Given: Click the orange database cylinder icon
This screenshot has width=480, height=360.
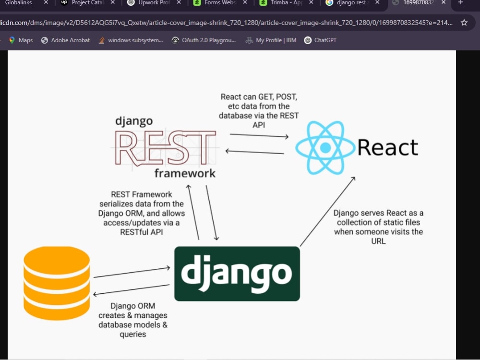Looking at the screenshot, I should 57,283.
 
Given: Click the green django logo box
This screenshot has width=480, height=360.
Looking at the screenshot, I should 237,274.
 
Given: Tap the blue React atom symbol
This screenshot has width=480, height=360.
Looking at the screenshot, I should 325,147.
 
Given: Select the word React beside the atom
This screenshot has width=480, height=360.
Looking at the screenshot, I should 388,147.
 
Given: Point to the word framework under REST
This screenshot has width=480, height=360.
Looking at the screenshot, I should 185,173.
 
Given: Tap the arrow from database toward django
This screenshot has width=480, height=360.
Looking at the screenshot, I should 132,273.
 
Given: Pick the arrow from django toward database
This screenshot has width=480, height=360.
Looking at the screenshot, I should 132,290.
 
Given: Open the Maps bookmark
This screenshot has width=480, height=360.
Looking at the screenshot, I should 21,40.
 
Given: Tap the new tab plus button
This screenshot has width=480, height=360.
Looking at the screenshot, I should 461,3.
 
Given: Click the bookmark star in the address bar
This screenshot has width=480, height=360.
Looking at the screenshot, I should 464,23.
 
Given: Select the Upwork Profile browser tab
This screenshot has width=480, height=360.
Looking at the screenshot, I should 149,3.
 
